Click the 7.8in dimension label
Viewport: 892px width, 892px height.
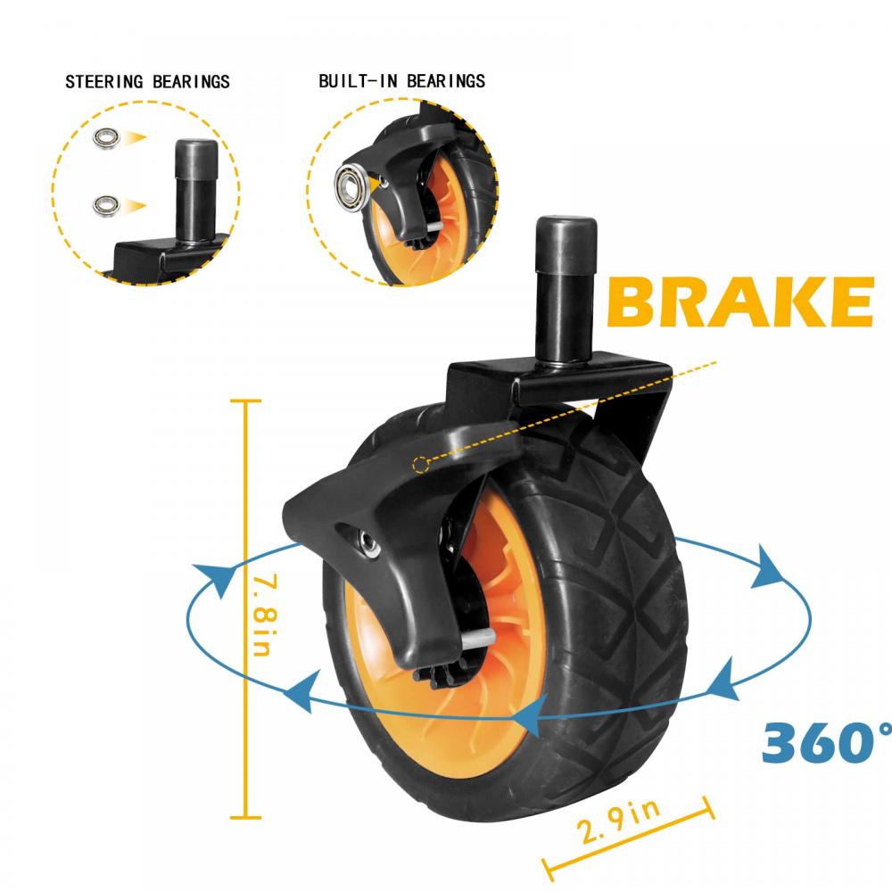click(258, 616)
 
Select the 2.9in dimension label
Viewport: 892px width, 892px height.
click(621, 821)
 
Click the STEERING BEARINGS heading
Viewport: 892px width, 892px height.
click(148, 82)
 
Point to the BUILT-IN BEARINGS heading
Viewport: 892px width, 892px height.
click(402, 81)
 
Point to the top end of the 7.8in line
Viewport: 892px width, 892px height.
click(245, 401)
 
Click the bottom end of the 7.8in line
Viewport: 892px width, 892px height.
click(245, 816)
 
